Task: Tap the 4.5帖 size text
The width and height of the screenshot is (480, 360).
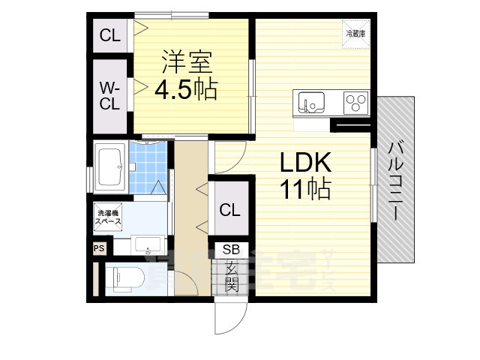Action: click(185, 90)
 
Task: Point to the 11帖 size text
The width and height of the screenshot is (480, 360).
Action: click(305, 190)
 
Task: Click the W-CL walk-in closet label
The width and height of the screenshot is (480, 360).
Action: click(109, 96)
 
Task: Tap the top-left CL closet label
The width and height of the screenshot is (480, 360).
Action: click(110, 34)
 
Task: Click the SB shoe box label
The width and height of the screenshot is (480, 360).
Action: click(229, 250)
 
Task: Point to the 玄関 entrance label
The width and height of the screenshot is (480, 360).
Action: click(230, 275)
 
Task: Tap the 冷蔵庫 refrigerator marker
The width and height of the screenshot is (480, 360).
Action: click(355, 34)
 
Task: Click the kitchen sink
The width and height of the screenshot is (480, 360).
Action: click(310, 101)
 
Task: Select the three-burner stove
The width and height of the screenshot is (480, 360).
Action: click(355, 101)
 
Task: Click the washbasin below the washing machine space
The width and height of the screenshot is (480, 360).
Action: click(148, 245)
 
